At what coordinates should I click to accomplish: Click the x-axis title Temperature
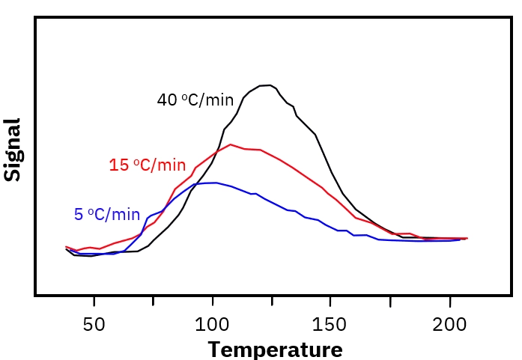pyautogui.click(x=275, y=350)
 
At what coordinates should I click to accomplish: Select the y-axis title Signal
pyautogui.click(x=13, y=150)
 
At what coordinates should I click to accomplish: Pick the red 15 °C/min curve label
pyautogui.click(x=148, y=165)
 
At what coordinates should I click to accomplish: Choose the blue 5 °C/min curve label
pyautogui.click(x=107, y=215)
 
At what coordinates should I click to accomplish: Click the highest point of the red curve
pyautogui.click(x=230, y=144)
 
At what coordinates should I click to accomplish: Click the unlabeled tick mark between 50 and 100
pyautogui.click(x=154, y=300)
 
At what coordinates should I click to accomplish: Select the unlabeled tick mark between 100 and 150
pyautogui.click(x=273, y=300)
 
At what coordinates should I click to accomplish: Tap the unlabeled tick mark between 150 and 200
pyautogui.click(x=391, y=300)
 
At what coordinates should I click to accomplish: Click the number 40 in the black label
pyautogui.click(x=167, y=100)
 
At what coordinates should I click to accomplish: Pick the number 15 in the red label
pyautogui.click(x=119, y=165)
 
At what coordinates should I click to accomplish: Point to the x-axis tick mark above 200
pyautogui.click(x=450, y=300)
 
